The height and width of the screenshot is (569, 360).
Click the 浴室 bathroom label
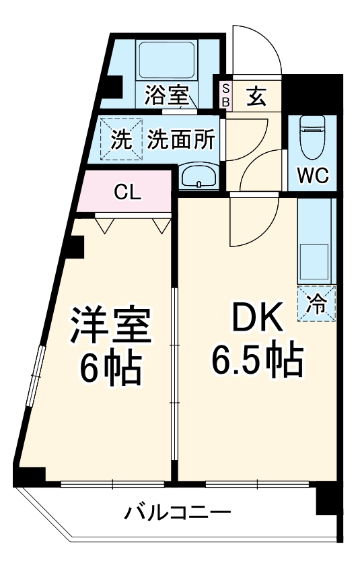pos(166,96)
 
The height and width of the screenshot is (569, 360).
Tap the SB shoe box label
pos(226,96)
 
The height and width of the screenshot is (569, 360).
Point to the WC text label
pos(313,176)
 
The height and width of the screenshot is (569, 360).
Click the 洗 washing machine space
pos(121,140)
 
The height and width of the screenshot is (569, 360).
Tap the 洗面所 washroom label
pos(181,139)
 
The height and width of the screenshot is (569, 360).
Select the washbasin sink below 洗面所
pos(199,176)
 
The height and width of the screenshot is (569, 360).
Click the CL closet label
pos(127,193)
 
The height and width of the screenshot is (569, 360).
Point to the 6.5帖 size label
pos(256,362)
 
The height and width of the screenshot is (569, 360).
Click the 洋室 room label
pos(111,327)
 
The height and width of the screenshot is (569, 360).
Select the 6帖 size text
pos(111,367)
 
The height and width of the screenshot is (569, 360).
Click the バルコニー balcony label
pos(178,513)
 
